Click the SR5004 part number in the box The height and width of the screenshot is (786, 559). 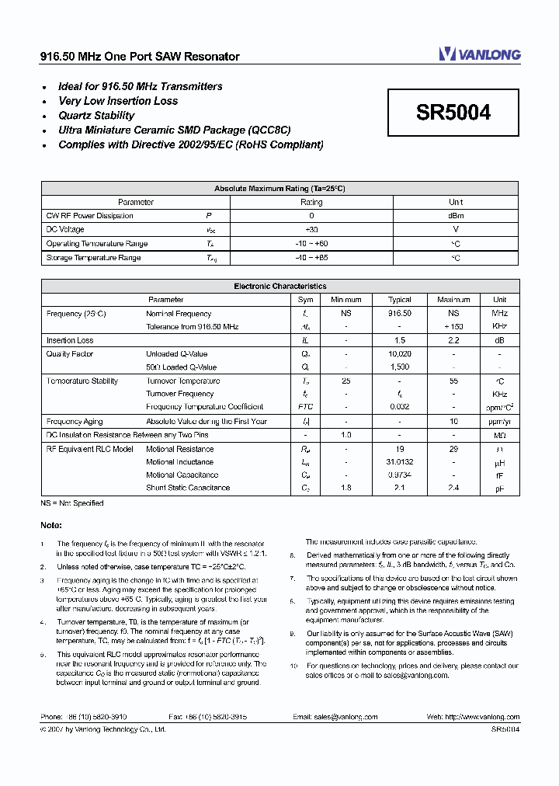pyautogui.click(x=453, y=113)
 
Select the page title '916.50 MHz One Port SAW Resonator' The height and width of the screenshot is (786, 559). pyautogui.click(x=140, y=57)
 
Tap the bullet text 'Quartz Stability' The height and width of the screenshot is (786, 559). pyautogui.click(x=96, y=116)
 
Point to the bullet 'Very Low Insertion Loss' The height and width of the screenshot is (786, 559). pyautogui.click(x=118, y=101)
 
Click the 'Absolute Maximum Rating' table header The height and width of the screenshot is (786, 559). pyautogui.click(x=279, y=189)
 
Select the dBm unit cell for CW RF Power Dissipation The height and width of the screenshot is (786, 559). pyautogui.click(x=456, y=216)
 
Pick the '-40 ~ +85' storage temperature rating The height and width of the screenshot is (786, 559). pyautogui.click(x=311, y=258)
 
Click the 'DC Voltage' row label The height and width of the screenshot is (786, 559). pyautogui.click(x=65, y=230)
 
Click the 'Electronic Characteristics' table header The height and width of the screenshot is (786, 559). pyautogui.click(x=279, y=287)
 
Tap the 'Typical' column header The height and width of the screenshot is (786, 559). pyautogui.click(x=399, y=300)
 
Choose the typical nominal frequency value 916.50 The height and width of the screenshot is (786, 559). pyautogui.click(x=399, y=314)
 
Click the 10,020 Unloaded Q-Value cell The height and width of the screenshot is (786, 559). pyautogui.click(x=399, y=354)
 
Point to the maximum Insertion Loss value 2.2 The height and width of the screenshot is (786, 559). pyautogui.click(x=453, y=340)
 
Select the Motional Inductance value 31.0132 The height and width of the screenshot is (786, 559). pyautogui.click(x=399, y=462)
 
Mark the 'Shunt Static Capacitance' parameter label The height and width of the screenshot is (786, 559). pyautogui.click(x=188, y=488)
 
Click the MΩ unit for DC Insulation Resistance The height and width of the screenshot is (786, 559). pyautogui.click(x=499, y=435)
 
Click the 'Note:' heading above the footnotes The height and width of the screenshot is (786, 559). pyautogui.click(x=50, y=526)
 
